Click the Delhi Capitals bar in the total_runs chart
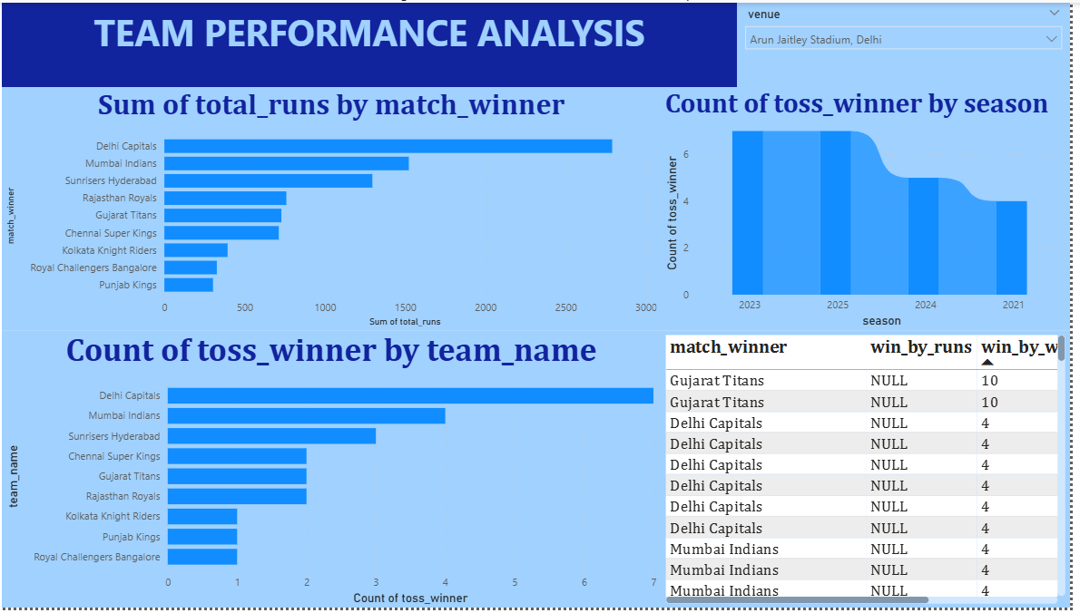click(388, 146)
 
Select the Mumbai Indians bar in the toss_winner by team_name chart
click(307, 415)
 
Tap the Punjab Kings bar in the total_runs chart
click(189, 285)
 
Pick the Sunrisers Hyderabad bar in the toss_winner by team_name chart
click(272, 435)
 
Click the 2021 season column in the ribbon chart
click(1011, 248)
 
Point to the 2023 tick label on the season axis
click(750, 305)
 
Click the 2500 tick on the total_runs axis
click(565, 307)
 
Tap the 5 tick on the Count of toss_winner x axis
click(515, 582)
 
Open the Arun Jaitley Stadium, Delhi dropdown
click(903, 39)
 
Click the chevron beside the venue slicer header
click(1054, 13)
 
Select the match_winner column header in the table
click(728, 347)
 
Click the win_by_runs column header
click(921, 347)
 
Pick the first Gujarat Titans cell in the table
click(716, 381)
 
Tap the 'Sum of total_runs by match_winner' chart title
click(330, 105)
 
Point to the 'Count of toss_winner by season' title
click(856, 104)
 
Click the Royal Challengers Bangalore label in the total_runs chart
click(93, 268)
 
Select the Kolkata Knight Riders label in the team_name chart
click(113, 516)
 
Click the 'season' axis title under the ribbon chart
click(881, 321)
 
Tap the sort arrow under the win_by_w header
click(987, 362)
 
